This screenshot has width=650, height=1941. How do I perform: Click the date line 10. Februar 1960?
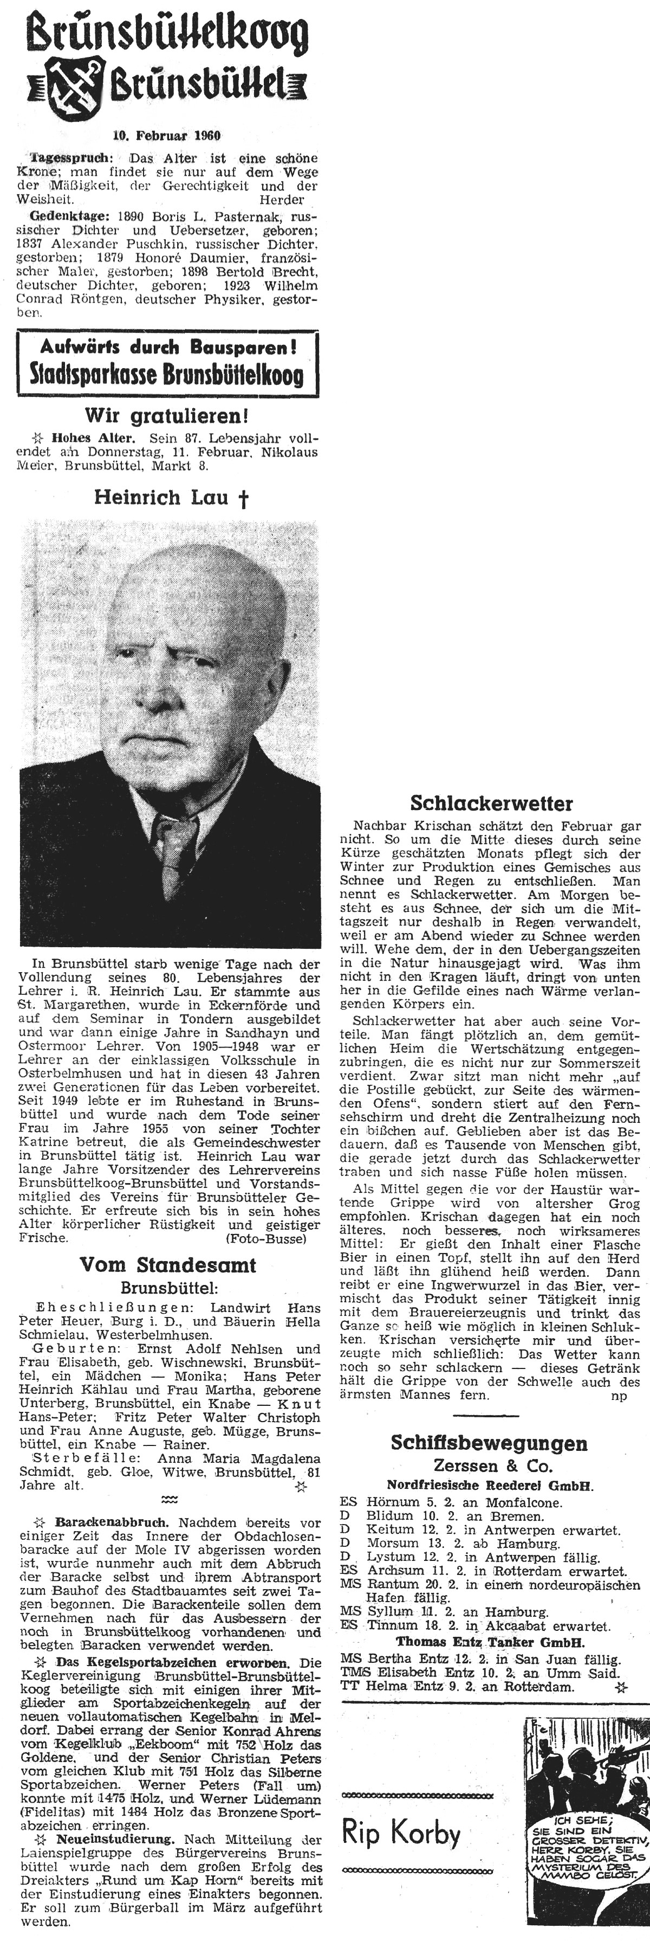pos(166,137)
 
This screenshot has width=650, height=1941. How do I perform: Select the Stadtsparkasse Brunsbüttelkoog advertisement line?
pos(167,375)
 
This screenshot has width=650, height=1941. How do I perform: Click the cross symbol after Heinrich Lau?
pos(243,499)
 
